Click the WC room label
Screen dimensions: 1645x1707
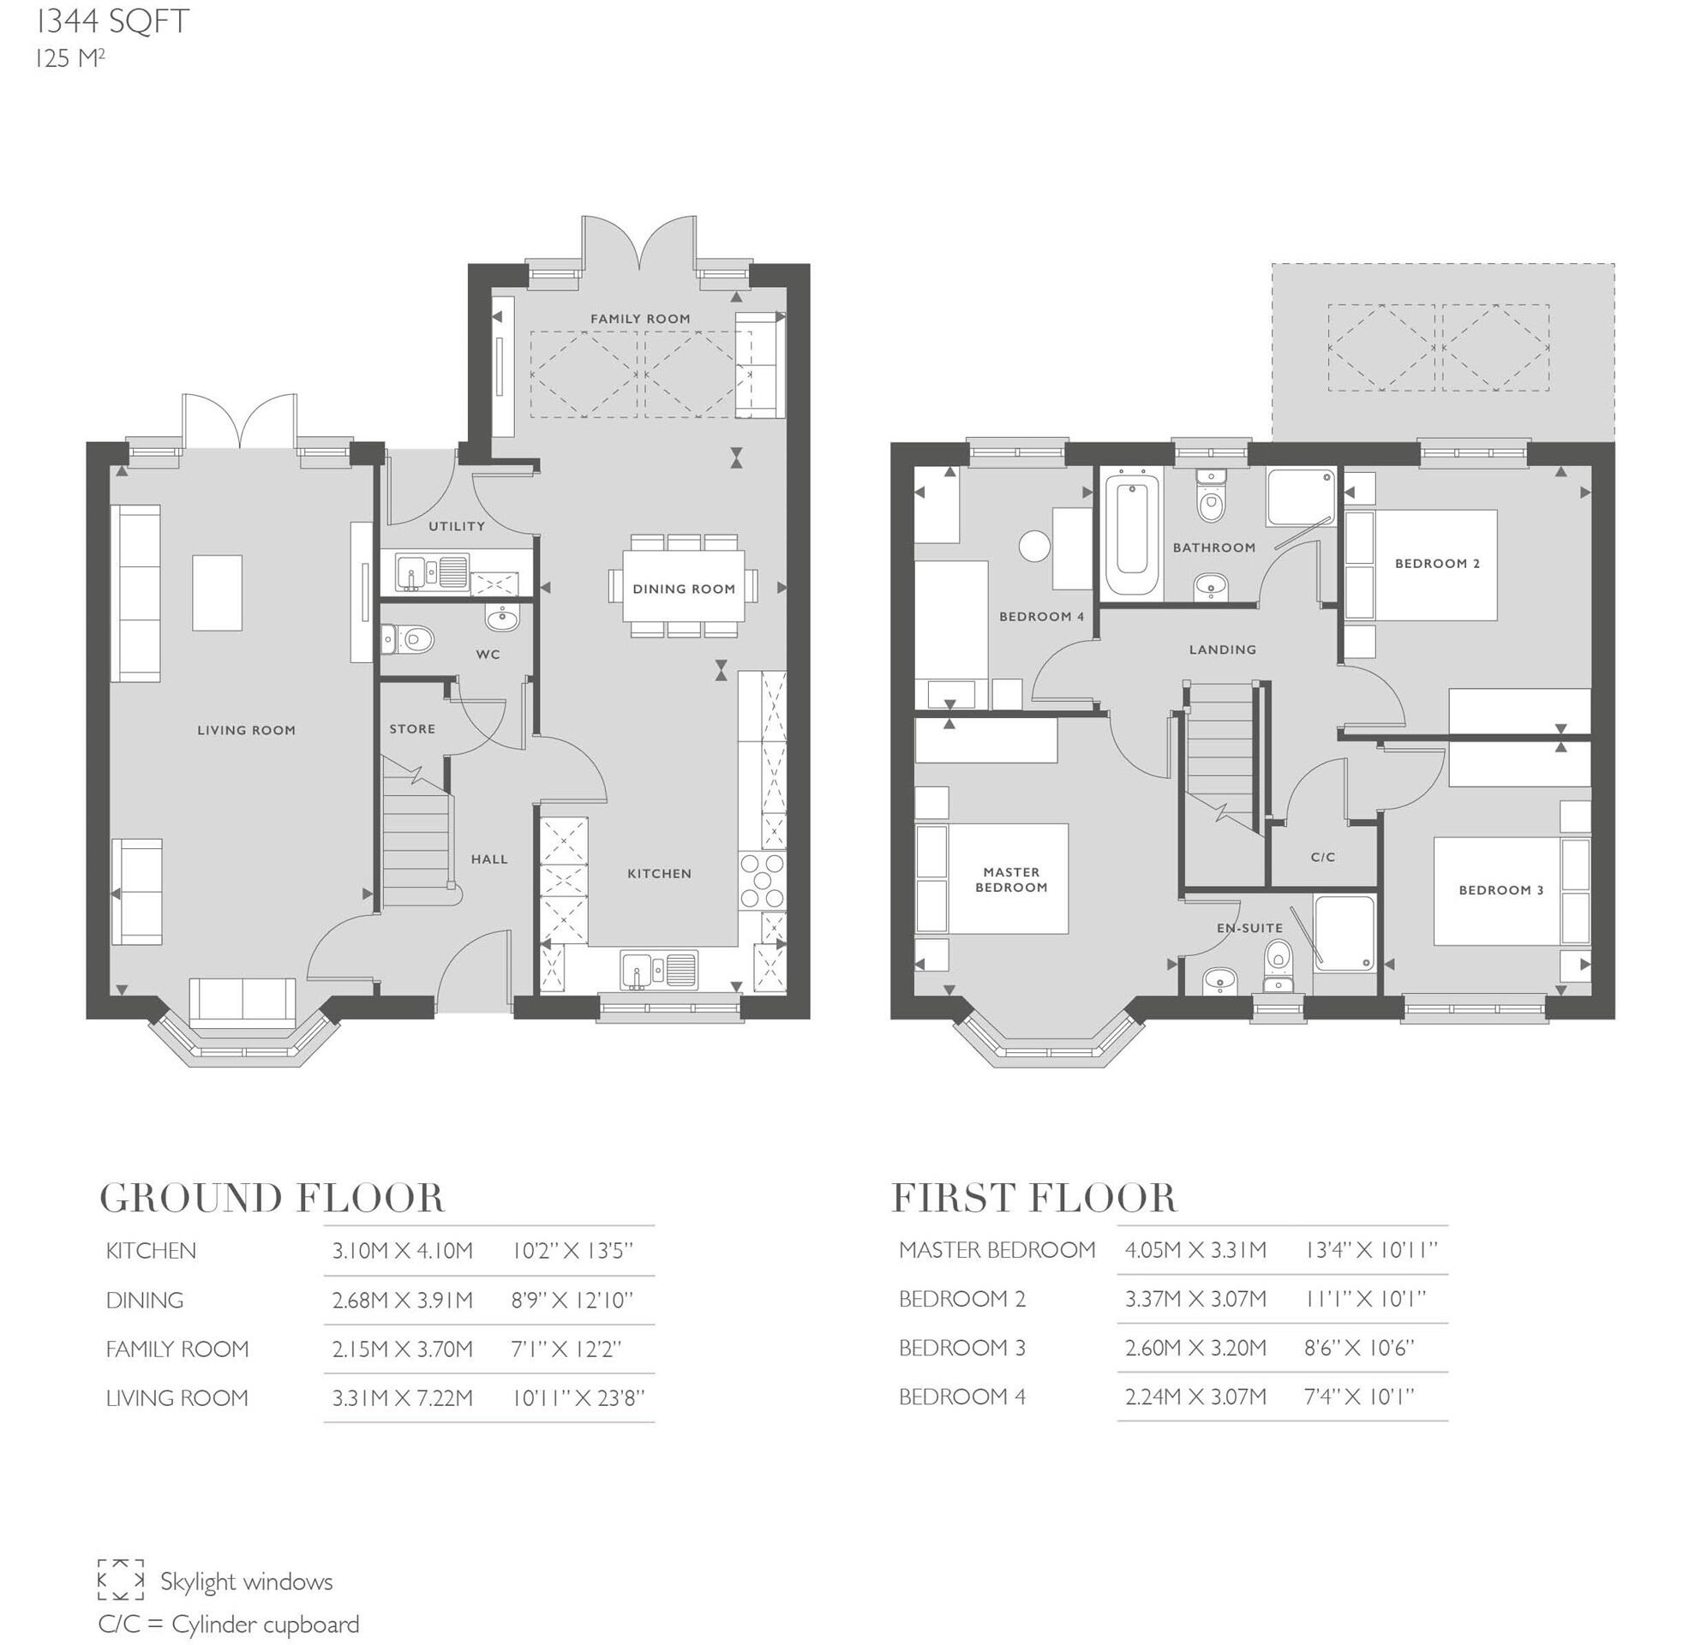point(488,654)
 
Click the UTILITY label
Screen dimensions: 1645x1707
point(457,526)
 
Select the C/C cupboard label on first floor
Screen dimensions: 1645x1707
point(1322,857)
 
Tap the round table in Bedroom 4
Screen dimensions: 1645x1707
point(1033,546)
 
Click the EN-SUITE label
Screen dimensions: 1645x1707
point(1249,928)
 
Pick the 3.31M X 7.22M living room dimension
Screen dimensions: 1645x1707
point(402,1398)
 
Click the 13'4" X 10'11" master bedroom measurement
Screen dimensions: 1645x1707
point(1370,1251)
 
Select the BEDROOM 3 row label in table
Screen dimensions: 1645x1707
point(961,1348)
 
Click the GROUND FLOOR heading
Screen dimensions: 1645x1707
point(273,1199)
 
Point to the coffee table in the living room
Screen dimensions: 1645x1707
point(217,592)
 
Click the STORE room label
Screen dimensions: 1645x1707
point(412,729)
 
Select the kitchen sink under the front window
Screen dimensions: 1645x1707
point(658,969)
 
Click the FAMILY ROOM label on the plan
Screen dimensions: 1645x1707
point(640,319)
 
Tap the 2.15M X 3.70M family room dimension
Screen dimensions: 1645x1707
point(402,1349)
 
